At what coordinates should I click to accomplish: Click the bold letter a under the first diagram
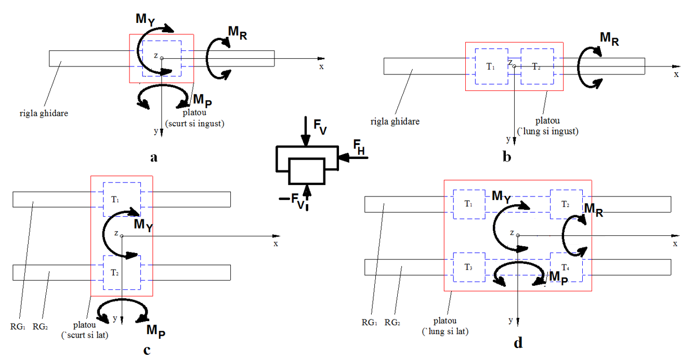tap(153, 158)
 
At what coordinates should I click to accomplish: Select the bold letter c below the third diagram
tap(147, 350)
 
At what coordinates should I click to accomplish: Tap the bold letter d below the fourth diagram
tap(518, 343)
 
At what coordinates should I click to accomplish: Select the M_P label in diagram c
tap(156, 330)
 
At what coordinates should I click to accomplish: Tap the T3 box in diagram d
tap(469, 267)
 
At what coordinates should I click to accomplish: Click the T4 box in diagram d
tap(566, 267)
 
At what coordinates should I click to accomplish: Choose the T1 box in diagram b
tap(491, 67)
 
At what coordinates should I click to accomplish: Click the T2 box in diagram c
tap(122, 272)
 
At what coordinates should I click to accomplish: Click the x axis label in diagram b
tap(676, 75)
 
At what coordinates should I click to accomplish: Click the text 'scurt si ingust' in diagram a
tap(195, 123)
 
